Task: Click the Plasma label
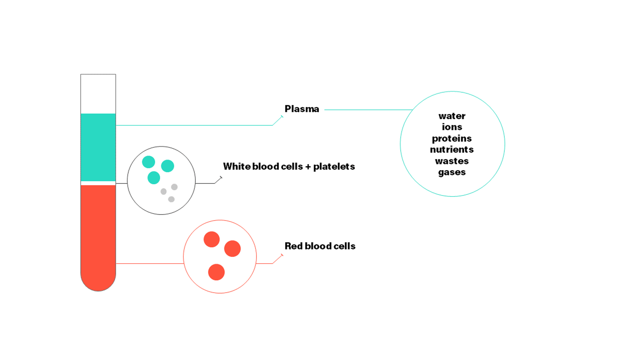click(x=301, y=109)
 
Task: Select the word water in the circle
click(x=452, y=116)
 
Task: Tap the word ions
click(x=452, y=127)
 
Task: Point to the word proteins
click(x=452, y=139)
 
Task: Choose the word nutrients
click(x=452, y=150)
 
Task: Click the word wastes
click(x=452, y=161)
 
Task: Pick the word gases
click(x=452, y=172)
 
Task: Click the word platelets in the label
click(x=334, y=166)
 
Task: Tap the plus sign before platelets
click(x=308, y=167)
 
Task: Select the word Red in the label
click(x=293, y=246)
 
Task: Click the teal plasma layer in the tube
click(x=98, y=147)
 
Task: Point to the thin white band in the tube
click(x=98, y=183)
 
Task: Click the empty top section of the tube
click(x=98, y=94)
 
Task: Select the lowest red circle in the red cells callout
click(x=216, y=272)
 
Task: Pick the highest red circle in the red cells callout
click(x=212, y=239)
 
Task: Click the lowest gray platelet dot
click(x=171, y=199)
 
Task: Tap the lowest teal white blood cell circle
click(x=154, y=178)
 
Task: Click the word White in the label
click(x=236, y=166)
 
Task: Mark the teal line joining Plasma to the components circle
click(x=368, y=110)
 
